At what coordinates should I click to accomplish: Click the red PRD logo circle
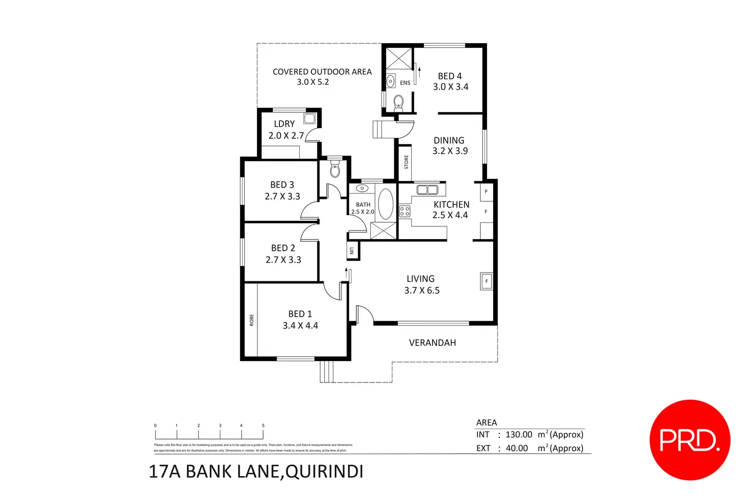tap(689, 440)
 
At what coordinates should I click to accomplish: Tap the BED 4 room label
tap(450, 76)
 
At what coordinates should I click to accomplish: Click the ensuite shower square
tap(398, 58)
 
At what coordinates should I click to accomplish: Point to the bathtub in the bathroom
tap(386, 204)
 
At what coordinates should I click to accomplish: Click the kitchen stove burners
tap(405, 211)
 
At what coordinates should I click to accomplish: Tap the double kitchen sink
tap(427, 190)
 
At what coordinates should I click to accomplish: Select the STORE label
tap(406, 162)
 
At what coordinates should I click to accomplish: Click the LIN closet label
tap(352, 250)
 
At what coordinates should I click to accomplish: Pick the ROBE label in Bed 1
tap(251, 320)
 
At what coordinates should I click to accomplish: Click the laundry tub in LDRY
tap(309, 119)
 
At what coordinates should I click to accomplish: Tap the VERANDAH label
tap(433, 343)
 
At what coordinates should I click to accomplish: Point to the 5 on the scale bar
tap(263, 425)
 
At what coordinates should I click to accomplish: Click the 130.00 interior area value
tap(518, 434)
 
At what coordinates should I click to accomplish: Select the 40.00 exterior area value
tap(516, 448)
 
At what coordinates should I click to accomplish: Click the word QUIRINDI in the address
tap(325, 472)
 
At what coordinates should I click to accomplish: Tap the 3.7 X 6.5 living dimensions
tap(422, 290)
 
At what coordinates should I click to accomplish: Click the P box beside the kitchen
tap(486, 192)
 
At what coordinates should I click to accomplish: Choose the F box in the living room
tap(486, 281)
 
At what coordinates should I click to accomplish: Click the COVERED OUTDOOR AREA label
tap(322, 72)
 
